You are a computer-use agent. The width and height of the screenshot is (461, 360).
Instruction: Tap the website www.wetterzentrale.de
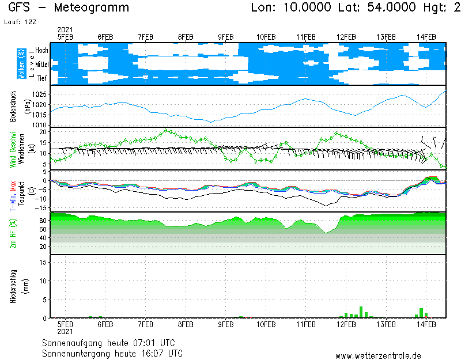pos(378,356)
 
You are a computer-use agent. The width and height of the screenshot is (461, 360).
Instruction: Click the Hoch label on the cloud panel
pos(41,51)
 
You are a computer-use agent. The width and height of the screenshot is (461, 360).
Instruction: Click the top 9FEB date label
pos(226,37)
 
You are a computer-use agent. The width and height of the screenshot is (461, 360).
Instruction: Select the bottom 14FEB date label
pos(426,324)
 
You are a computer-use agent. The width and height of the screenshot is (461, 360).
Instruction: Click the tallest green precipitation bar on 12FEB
pos(361,312)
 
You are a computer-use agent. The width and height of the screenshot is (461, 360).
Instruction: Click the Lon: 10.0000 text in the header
pos(291,8)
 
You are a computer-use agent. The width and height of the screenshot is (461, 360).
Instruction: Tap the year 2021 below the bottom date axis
pos(65,331)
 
